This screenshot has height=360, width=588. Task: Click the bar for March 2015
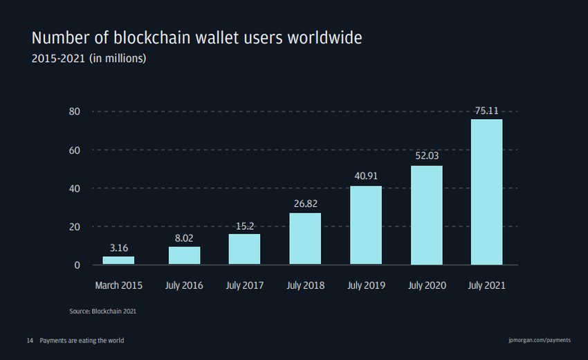[118, 260]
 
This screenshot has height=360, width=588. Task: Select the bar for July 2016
[184, 255]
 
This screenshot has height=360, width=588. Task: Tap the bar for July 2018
[305, 238]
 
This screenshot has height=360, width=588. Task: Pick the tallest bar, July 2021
[486, 192]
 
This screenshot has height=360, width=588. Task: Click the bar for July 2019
[365, 225]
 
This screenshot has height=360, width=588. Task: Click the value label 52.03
[427, 156]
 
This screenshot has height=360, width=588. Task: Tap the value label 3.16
[118, 247]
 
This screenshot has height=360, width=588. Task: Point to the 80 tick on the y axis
[75, 111]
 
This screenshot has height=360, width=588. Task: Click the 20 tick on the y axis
[75, 226]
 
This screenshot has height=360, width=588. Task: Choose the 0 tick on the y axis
[77, 264]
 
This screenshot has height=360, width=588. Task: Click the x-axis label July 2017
[244, 285]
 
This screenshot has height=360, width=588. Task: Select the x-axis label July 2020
[426, 285]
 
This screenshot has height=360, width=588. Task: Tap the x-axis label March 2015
[118, 285]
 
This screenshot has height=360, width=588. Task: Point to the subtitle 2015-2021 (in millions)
[89, 59]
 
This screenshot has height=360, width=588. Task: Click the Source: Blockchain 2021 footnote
[102, 312]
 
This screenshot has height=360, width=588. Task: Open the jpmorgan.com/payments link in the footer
[539, 341]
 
